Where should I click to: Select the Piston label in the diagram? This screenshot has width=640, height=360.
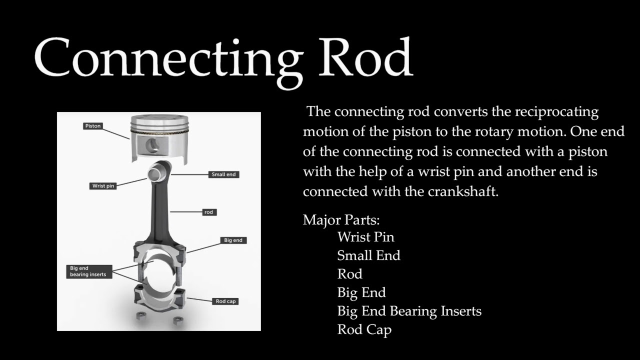93,126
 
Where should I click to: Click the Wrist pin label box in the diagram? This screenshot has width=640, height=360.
103,186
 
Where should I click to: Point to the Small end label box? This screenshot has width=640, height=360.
223,174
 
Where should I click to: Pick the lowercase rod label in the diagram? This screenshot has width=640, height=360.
208,212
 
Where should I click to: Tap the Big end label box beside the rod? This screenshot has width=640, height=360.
233,240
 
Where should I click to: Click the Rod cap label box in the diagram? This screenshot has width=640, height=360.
225,301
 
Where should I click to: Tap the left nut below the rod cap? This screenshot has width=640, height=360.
140,317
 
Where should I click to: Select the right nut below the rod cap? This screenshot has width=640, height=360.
176,319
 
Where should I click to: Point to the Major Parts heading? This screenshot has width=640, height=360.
341,220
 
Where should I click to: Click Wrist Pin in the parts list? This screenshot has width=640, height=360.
365,237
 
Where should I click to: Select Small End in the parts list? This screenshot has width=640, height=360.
368,255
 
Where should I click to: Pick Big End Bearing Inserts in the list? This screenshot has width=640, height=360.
409,311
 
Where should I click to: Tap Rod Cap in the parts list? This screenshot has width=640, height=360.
364,329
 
